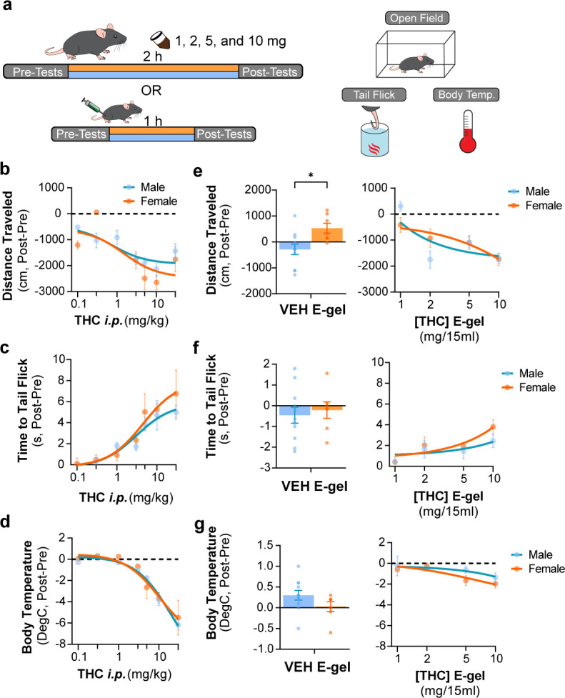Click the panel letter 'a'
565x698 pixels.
(8, 9)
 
